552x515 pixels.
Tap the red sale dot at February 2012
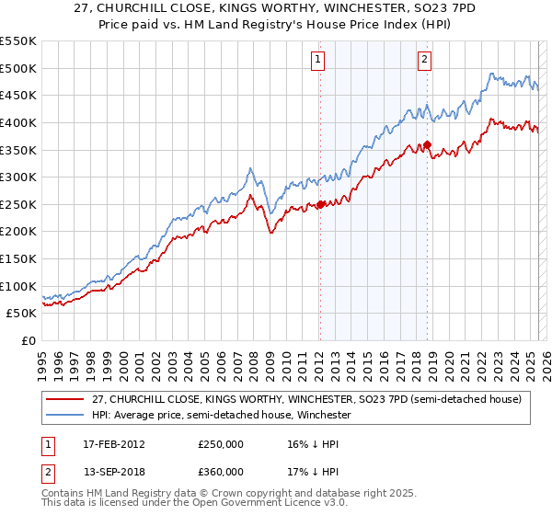(320, 204)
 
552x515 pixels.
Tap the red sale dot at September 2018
(428, 144)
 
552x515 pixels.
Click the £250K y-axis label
(18, 204)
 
